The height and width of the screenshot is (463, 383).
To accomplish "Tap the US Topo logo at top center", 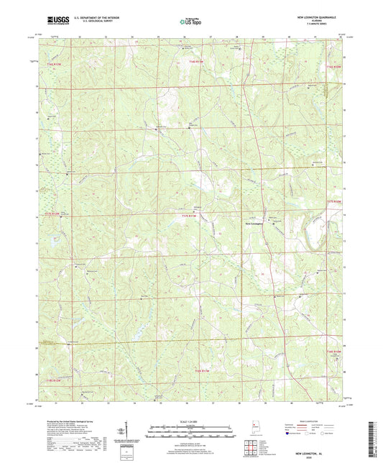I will tap(190, 22).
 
